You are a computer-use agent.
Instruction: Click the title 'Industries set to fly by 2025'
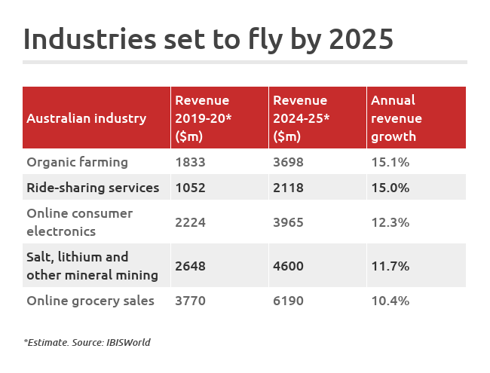tap(208, 38)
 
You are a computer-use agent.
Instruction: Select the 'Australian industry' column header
tap(86, 118)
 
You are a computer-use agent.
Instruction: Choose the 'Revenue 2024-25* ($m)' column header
tap(300, 118)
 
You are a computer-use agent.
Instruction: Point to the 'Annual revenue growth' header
tap(397, 118)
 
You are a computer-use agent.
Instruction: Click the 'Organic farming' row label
tap(77, 162)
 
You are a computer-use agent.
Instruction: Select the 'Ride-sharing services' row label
tap(93, 188)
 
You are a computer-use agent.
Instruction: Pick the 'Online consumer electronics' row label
tap(79, 222)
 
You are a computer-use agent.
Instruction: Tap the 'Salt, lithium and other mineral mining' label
tap(92, 266)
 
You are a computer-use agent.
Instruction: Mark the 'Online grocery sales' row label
tap(90, 301)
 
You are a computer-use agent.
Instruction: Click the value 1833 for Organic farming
tap(190, 162)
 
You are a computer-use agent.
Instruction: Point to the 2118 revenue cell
tap(289, 188)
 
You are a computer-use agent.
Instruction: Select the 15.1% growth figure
tap(390, 162)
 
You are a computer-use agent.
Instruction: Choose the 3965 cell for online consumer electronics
tap(289, 222)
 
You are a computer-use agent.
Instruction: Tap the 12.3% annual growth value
tap(390, 222)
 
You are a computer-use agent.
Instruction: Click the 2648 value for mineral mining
tap(190, 266)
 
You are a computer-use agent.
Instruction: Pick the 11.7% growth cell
tap(390, 266)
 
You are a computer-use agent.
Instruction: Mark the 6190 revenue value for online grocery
tap(289, 301)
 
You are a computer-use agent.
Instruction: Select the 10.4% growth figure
tap(390, 301)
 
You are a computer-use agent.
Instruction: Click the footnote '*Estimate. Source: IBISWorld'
tap(87, 343)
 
